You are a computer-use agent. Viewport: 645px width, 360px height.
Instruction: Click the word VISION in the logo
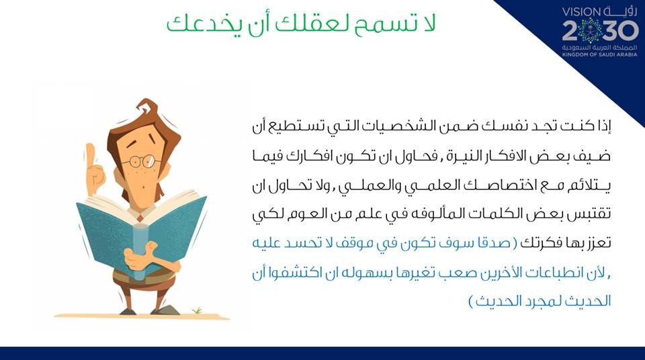[581, 12]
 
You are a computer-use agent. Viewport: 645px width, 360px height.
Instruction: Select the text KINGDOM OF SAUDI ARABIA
[599, 54]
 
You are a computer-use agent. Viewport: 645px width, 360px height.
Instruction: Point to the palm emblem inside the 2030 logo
[591, 30]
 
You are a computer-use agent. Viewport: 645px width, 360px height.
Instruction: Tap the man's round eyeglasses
[140, 161]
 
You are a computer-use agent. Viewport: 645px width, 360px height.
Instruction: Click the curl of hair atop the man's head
[146, 107]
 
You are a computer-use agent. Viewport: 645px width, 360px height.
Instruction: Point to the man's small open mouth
[142, 186]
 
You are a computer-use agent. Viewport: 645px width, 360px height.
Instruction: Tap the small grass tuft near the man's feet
[197, 310]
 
